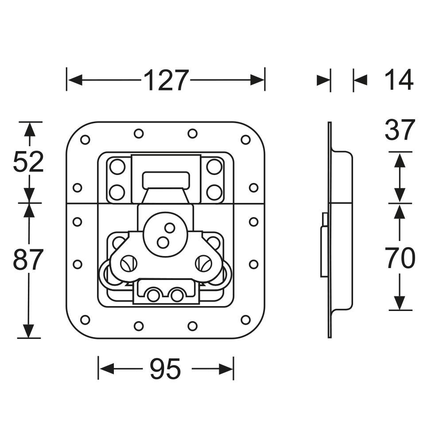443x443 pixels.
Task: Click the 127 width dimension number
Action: [166, 80]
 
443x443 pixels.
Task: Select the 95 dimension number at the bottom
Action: [165, 369]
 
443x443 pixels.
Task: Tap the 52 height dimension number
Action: [28, 161]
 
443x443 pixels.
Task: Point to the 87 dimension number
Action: [28, 259]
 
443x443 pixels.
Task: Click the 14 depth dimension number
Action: [399, 80]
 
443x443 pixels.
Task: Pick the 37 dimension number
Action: [400, 130]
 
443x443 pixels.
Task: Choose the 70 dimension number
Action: [401, 258]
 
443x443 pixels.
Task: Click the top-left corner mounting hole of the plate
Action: [85, 139]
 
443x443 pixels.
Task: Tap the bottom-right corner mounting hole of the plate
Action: [245, 320]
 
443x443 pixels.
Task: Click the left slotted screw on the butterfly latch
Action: [128, 264]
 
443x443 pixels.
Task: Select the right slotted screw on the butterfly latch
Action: [203, 264]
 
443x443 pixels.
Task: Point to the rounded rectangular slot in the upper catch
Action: [166, 180]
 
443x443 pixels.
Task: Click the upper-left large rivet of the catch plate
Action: [117, 167]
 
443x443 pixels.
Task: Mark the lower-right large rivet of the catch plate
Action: [214, 192]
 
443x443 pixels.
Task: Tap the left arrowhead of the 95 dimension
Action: [107, 369]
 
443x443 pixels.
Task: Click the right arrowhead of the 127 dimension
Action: [257, 80]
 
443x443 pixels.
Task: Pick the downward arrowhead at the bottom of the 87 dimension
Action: [28, 331]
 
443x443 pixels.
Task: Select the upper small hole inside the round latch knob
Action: [170, 228]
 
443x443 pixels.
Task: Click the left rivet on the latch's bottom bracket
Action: [153, 295]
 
